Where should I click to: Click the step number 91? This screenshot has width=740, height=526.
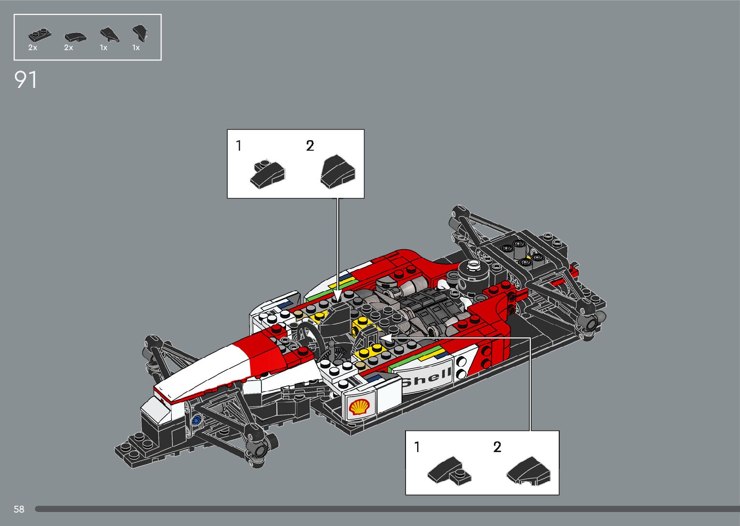pos(26,80)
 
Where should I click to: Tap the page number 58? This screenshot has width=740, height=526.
pos(19,509)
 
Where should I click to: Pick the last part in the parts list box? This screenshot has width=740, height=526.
pos(139,33)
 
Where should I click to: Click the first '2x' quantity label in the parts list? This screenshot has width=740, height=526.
pos(33,48)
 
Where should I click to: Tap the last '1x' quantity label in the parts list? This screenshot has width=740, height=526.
pos(136,48)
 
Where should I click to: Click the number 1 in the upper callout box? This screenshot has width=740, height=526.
pos(239,145)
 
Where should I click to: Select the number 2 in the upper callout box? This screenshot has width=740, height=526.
pos(310,145)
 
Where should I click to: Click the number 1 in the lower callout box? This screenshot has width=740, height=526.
pos(417,447)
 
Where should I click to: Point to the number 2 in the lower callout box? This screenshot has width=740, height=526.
pos(497,447)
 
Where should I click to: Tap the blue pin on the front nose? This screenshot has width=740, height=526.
pos(196,420)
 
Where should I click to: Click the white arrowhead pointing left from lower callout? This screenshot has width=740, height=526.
pos(385,337)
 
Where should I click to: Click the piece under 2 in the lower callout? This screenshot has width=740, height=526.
pos(529,471)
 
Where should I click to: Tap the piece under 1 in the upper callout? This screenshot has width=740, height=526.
pos(267,174)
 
